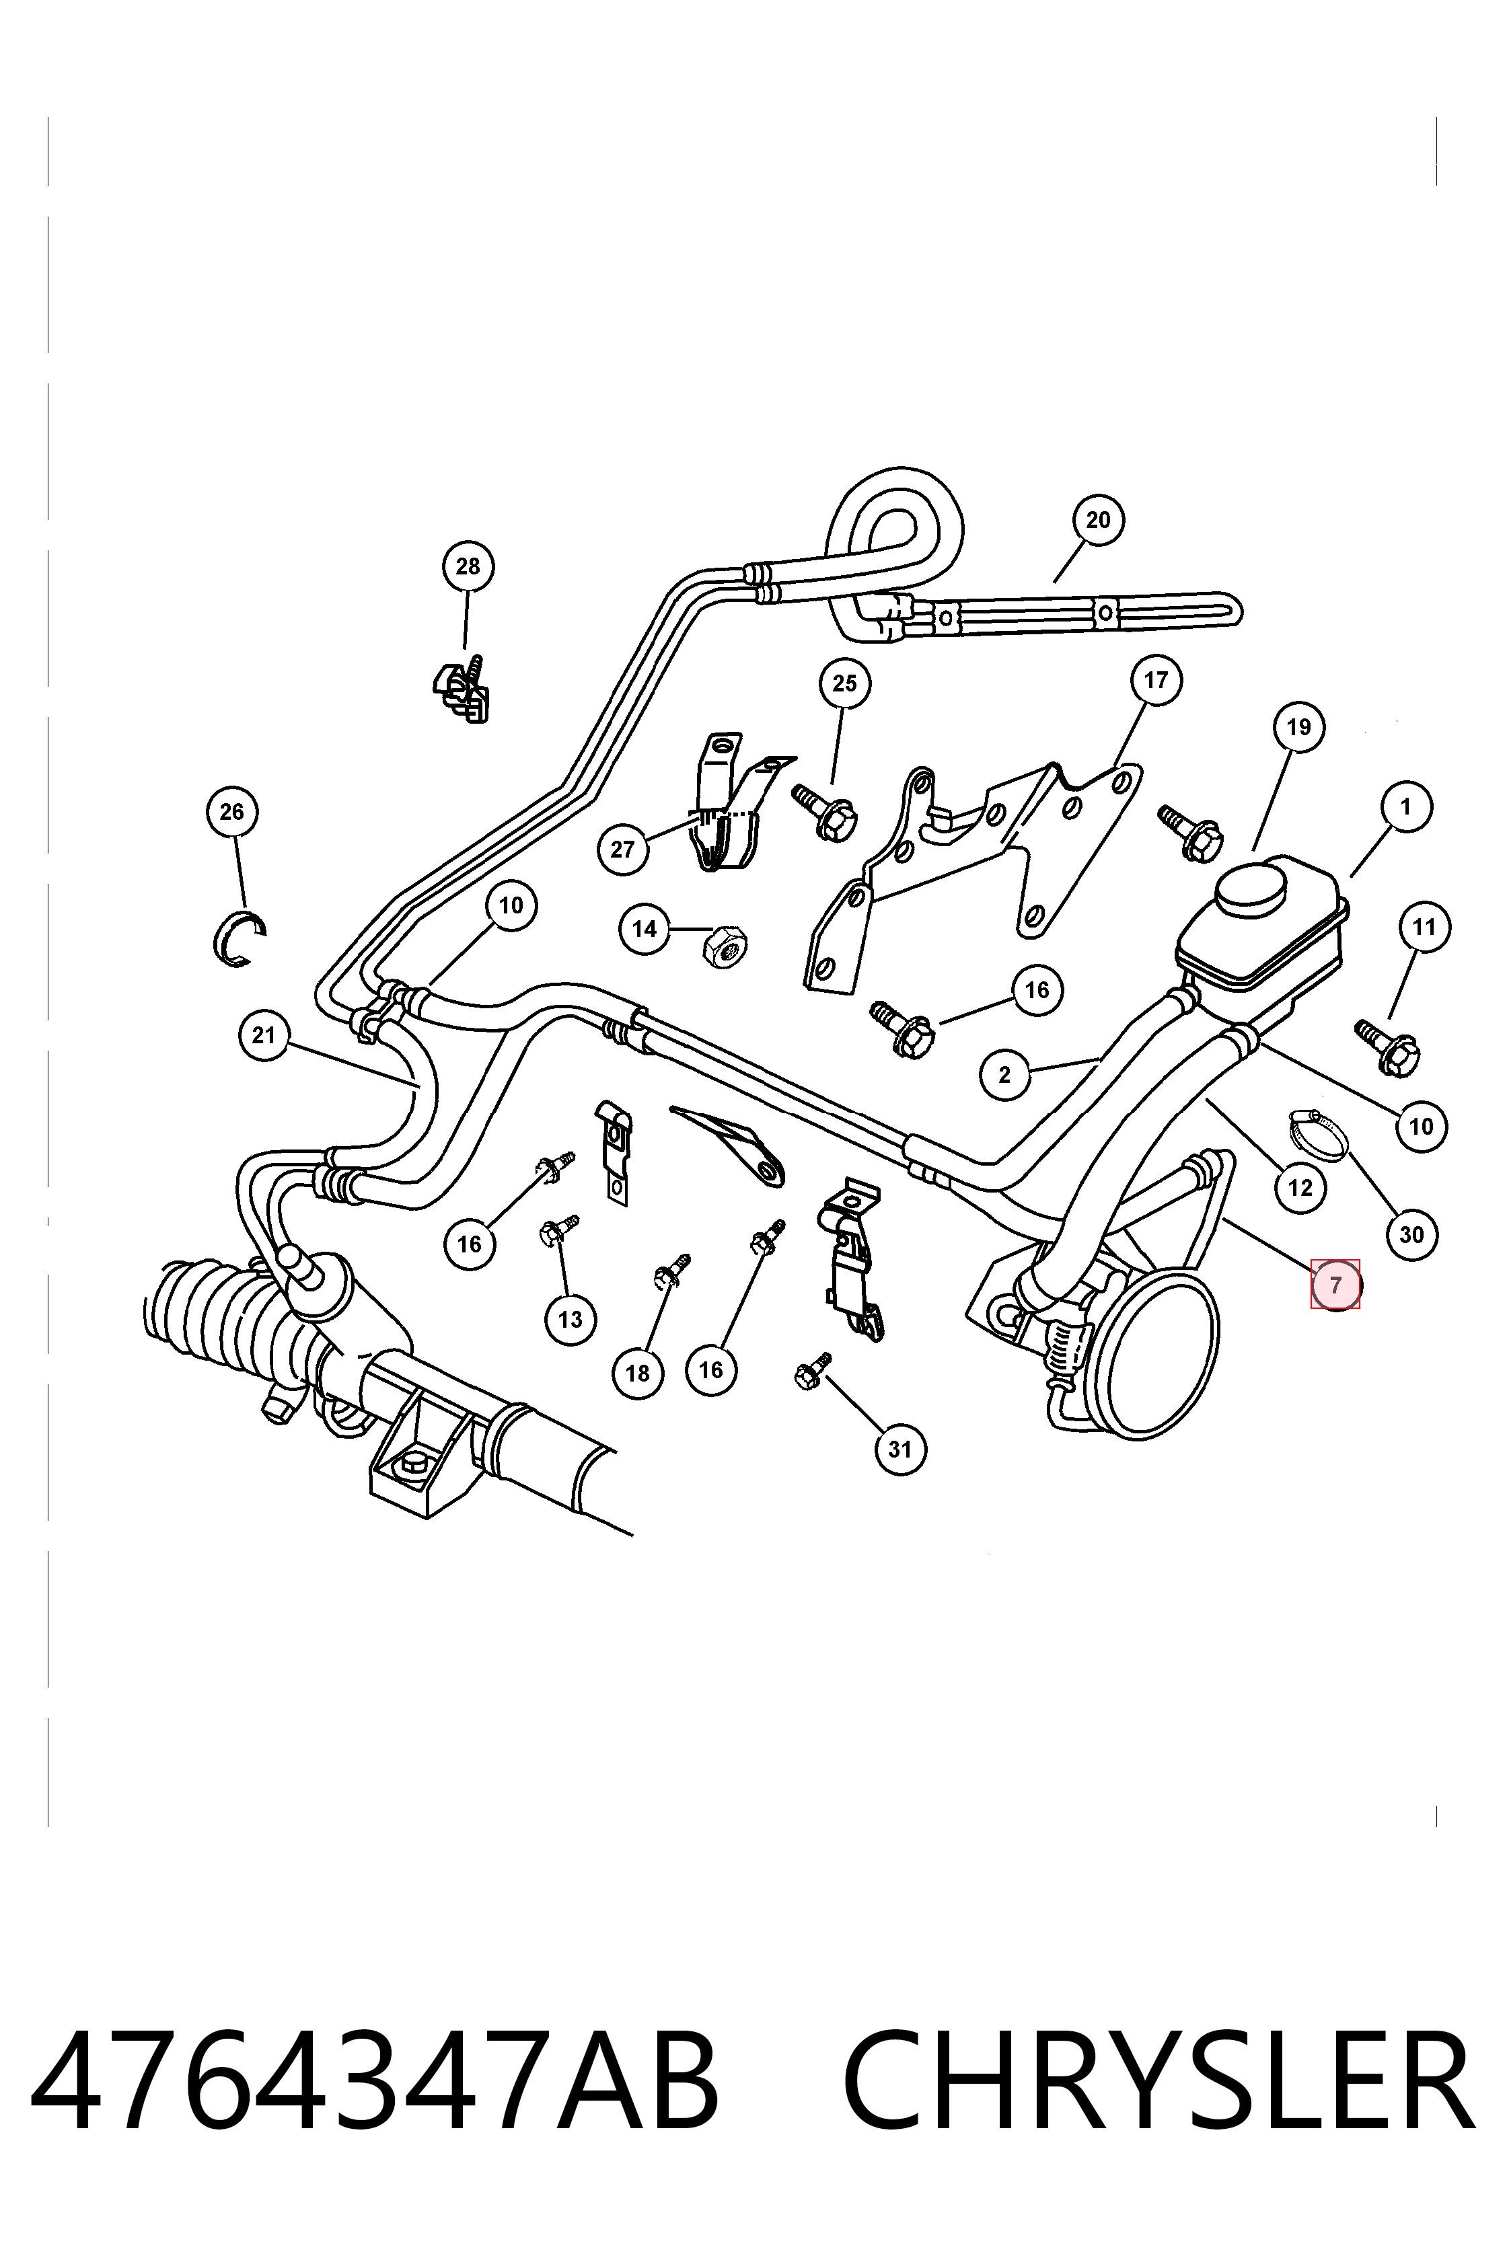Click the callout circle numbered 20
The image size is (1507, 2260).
click(x=1097, y=520)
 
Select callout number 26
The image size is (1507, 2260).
click(x=231, y=812)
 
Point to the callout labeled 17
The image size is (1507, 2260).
click(x=1155, y=680)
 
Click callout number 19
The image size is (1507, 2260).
click(x=1298, y=727)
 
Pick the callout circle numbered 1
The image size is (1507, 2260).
click(x=1406, y=806)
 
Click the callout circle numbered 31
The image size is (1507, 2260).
click(x=899, y=1448)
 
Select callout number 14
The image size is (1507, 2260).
click(x=644, y=928)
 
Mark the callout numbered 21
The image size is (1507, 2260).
click(x=263, y=1035)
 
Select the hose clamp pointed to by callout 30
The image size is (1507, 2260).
click(x=1316, y=1133)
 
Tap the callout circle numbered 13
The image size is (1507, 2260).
click(x=570, y=1319)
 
